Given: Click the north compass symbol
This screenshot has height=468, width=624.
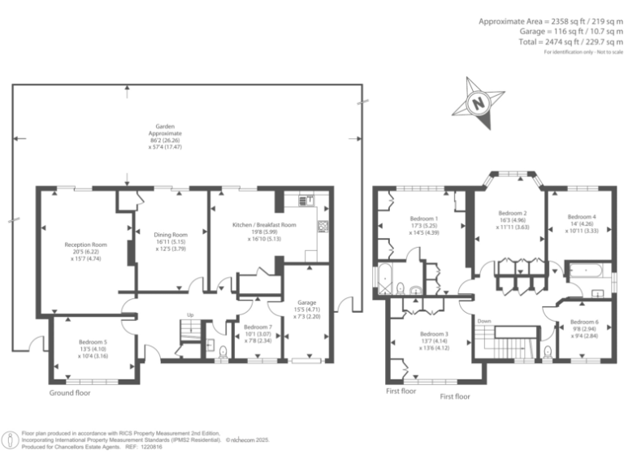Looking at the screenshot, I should (479, 103).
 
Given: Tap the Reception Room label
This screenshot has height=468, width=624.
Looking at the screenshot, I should (86, 244).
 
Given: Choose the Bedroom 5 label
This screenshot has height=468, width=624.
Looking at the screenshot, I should (91, 342).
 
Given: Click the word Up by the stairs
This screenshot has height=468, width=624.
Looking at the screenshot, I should (191, 314).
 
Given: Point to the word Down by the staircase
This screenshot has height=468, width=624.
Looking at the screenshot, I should (484, 320).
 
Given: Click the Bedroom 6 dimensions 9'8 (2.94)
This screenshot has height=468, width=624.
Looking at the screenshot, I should (583, 329).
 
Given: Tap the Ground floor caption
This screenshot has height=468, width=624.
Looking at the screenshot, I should (70, 392).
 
